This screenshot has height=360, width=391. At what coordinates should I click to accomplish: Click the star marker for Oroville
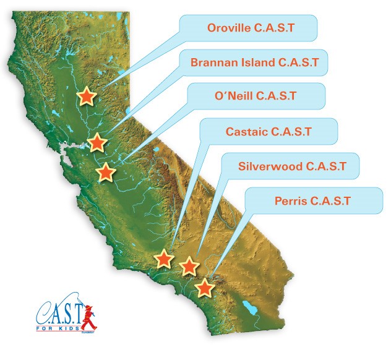87,96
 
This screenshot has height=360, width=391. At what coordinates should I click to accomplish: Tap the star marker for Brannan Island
97,142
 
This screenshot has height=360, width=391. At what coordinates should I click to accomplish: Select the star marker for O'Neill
106,172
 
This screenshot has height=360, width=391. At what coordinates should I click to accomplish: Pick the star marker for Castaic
164,259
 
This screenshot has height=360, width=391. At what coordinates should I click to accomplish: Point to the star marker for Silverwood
189,266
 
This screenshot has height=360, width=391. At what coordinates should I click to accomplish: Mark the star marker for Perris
205,288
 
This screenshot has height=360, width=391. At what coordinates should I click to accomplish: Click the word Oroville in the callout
229,28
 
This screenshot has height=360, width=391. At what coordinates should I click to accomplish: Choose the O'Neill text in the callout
234,96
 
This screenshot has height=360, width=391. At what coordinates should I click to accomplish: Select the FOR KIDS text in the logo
58,328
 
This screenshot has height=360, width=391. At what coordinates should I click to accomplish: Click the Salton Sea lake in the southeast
250,309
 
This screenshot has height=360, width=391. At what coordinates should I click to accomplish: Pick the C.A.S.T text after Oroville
275,28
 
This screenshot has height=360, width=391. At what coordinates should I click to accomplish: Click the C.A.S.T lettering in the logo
59,312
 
